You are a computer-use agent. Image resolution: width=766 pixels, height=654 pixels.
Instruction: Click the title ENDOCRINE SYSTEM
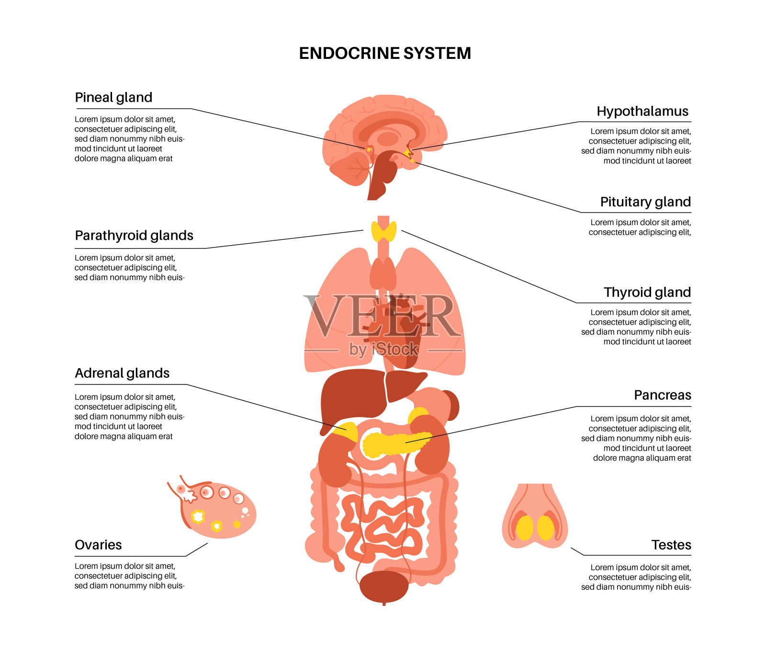[x=385, y=53]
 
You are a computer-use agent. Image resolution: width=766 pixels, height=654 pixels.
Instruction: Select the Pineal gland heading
[x=113, y=98]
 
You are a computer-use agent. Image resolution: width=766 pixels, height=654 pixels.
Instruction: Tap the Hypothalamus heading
[x=642, y=112]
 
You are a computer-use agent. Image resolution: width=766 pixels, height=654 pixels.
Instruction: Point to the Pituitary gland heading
[x=645, y=202]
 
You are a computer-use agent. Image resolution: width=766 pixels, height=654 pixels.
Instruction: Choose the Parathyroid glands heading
[x=134, y=236]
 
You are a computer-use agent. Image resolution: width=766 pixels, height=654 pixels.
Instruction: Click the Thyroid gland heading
[x=647, y=293]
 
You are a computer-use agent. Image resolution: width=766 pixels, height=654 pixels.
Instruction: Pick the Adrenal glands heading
[x=122, y=373]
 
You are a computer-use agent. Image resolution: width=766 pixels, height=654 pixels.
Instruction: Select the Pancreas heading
[x=662, y=395]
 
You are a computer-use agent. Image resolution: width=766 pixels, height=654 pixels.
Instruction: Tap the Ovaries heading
[x=98, y=545]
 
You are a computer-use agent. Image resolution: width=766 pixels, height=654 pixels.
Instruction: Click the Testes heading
[x=671, y=545]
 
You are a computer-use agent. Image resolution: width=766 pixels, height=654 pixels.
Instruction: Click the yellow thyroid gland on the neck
[x=383, y=231]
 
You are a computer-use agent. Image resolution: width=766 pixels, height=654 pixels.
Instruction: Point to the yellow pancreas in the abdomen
[x=393, y=444]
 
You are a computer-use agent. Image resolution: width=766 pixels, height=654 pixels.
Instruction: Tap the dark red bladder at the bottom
[x=383, y=586]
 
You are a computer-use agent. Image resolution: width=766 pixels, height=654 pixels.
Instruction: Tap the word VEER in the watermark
[x=382, y=316]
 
